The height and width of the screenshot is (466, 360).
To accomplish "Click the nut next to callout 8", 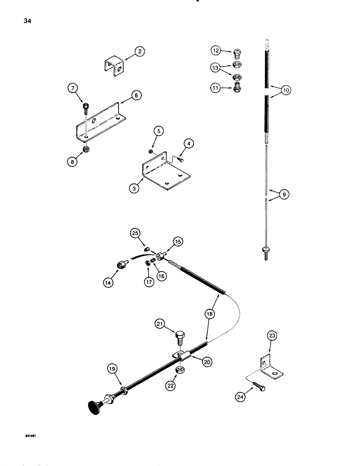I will pyautogui.click(x=86, y=150).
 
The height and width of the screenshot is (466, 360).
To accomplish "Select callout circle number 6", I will pyautogui.click(x=136, y=96).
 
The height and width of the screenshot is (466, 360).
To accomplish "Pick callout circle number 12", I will pyautogui.click(x=215, y=50).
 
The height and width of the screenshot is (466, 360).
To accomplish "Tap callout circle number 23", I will pyautogui.click(x=271, y=335).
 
